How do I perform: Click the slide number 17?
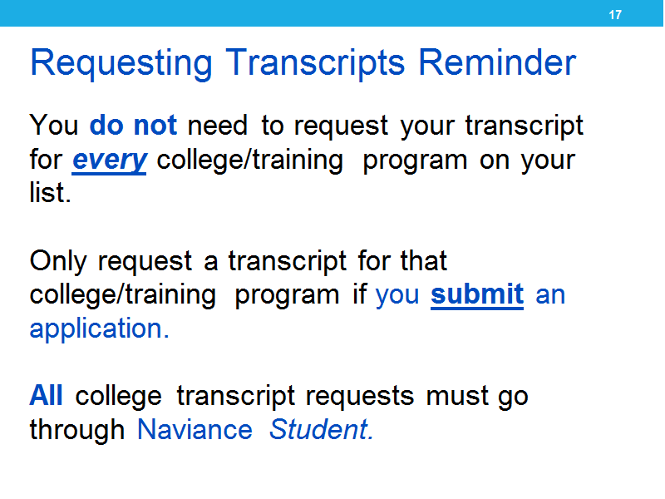click(615, 15)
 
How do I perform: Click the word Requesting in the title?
click(121, 64)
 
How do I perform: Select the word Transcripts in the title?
click(315, 64)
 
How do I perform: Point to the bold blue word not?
click(155, 126)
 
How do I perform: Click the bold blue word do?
click(106, 125)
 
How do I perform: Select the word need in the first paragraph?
click(217, 126)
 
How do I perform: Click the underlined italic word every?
click(110, 161)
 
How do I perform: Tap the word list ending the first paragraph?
click(50, 192)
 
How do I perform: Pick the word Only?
click(58, 262)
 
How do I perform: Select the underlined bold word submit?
click(477, 295)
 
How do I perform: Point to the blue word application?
click(99, 329)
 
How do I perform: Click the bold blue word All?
click(46, 396)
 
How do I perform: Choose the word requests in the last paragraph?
click(360, 398)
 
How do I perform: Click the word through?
click(76, 431)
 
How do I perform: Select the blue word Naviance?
click(195, 430)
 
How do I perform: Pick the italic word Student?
click(321, 429)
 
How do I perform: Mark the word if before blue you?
click(360, 294)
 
